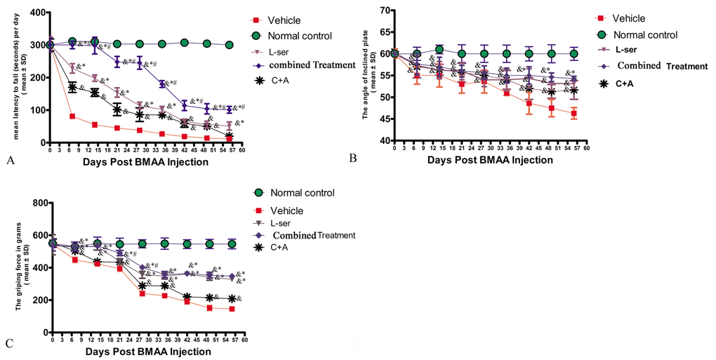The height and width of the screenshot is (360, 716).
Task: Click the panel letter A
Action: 9,161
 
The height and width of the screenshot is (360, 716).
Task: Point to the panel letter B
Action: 353,159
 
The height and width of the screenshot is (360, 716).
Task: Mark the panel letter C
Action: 9,343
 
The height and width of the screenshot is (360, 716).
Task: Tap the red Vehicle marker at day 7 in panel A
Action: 72,116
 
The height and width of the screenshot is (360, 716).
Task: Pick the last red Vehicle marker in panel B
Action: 574,113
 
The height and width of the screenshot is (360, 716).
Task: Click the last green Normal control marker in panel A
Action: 229,45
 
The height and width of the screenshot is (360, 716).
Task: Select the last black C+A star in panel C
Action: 233,299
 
